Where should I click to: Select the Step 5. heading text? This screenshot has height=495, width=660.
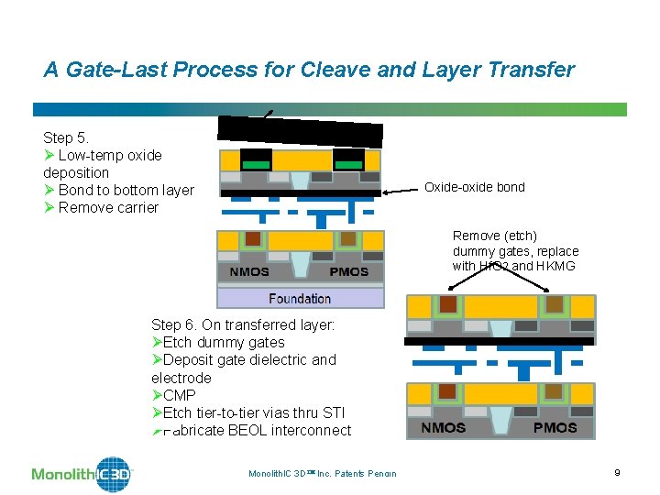tap(66, 137)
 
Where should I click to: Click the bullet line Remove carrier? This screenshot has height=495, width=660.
tap(108, 207)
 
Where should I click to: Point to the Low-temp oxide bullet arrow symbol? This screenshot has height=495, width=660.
tap(49, 155)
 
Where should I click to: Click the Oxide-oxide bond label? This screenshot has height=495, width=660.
tap(474, 187)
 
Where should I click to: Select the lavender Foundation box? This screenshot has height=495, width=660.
tap(300, 298)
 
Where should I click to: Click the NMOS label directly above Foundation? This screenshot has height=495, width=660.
tap(249, 271)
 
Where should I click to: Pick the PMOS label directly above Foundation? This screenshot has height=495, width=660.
tap(348, 271)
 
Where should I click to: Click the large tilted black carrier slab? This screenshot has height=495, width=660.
tap(300, 132)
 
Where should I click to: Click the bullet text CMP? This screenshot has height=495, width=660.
tap(179, 395)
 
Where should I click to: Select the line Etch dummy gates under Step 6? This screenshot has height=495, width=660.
tap(224, 342)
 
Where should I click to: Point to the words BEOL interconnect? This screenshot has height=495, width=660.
tap(289, 430)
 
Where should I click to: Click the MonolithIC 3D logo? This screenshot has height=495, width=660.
tap(82, 473)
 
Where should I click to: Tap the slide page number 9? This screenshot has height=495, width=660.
tap(617, 472)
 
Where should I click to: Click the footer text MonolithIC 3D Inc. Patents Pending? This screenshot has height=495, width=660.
tap(322, 473)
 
